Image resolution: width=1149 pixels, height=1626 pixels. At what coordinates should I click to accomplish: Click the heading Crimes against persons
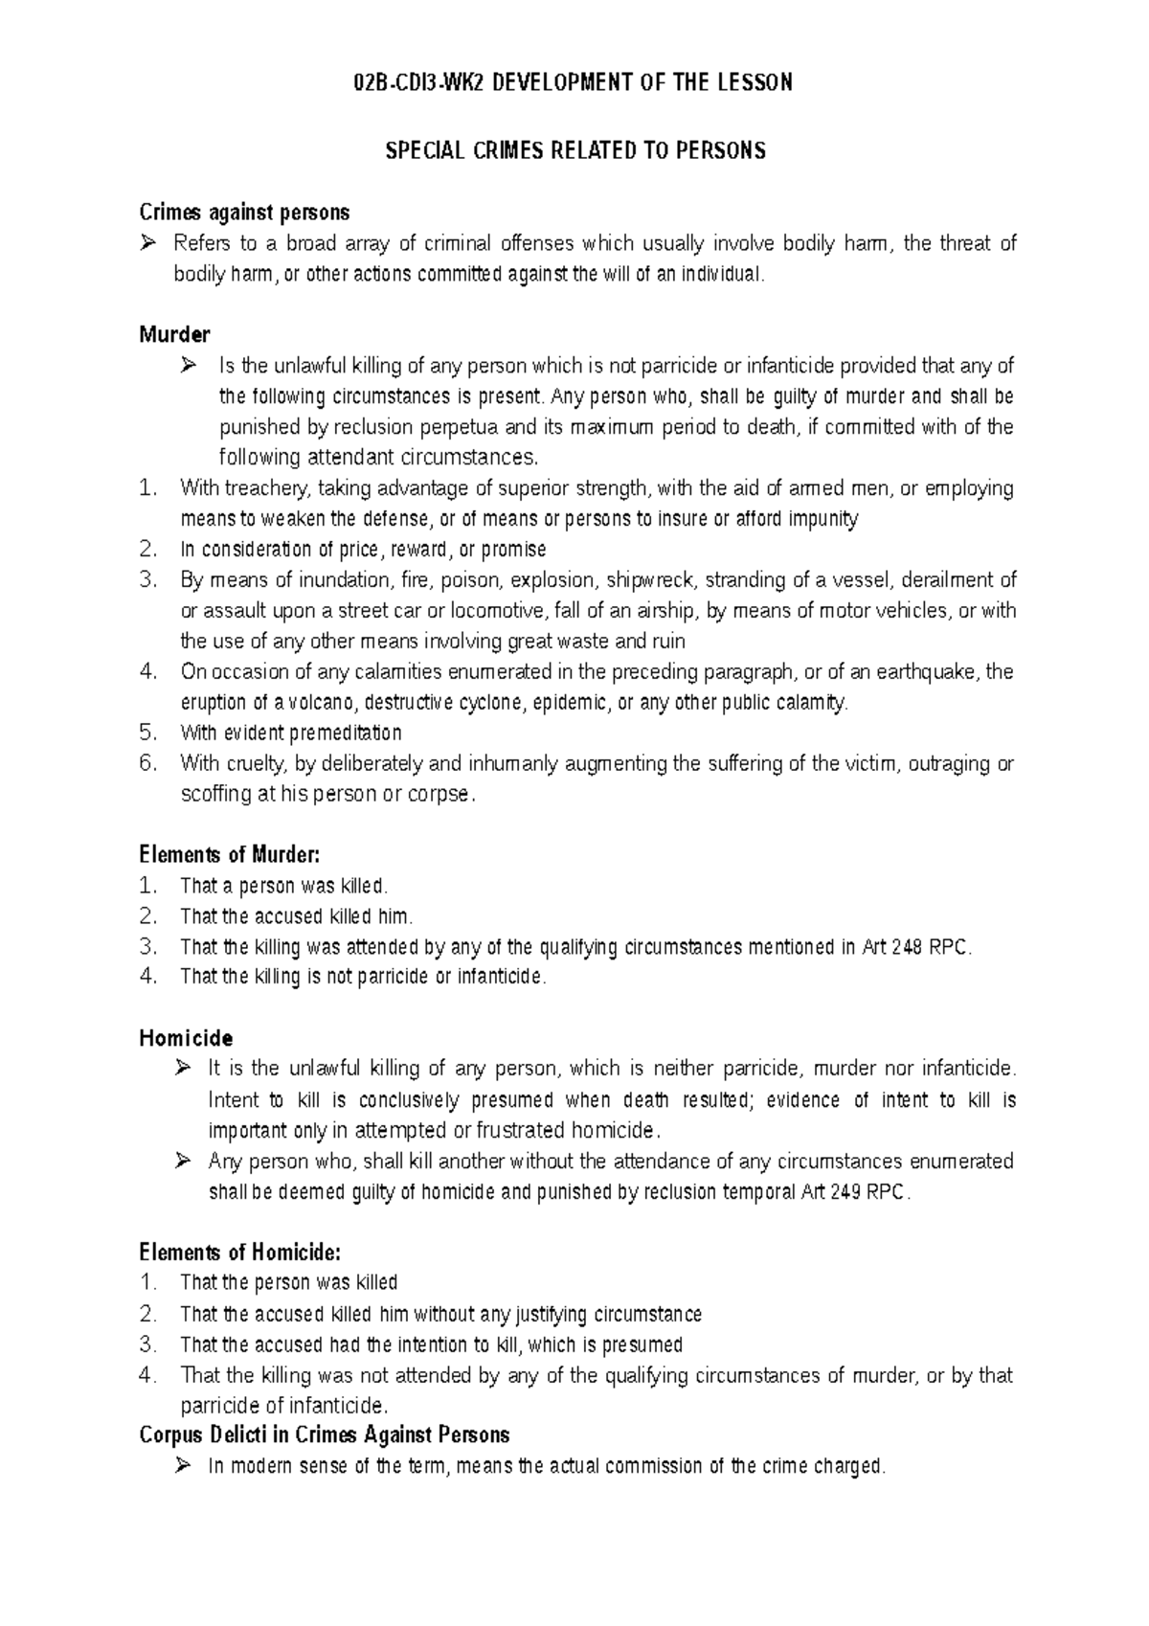[x=244, y=212]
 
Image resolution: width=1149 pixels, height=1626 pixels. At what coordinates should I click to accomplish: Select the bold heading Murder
[x=174, y=334]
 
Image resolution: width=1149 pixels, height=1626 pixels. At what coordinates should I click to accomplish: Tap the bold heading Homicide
[x=186, y=1038]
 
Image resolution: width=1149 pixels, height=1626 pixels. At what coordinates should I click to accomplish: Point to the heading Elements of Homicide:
[x=239, y=1252]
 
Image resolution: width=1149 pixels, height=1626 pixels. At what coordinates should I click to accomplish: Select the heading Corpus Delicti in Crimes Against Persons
[x=324, y=1434]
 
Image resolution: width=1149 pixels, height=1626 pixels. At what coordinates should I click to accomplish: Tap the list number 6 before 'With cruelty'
[x=146, y=764]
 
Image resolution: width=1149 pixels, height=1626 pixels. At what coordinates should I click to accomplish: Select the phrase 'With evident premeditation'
[x=290, y=734]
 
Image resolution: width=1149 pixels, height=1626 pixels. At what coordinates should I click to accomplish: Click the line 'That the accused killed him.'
[x=296, y=916]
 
